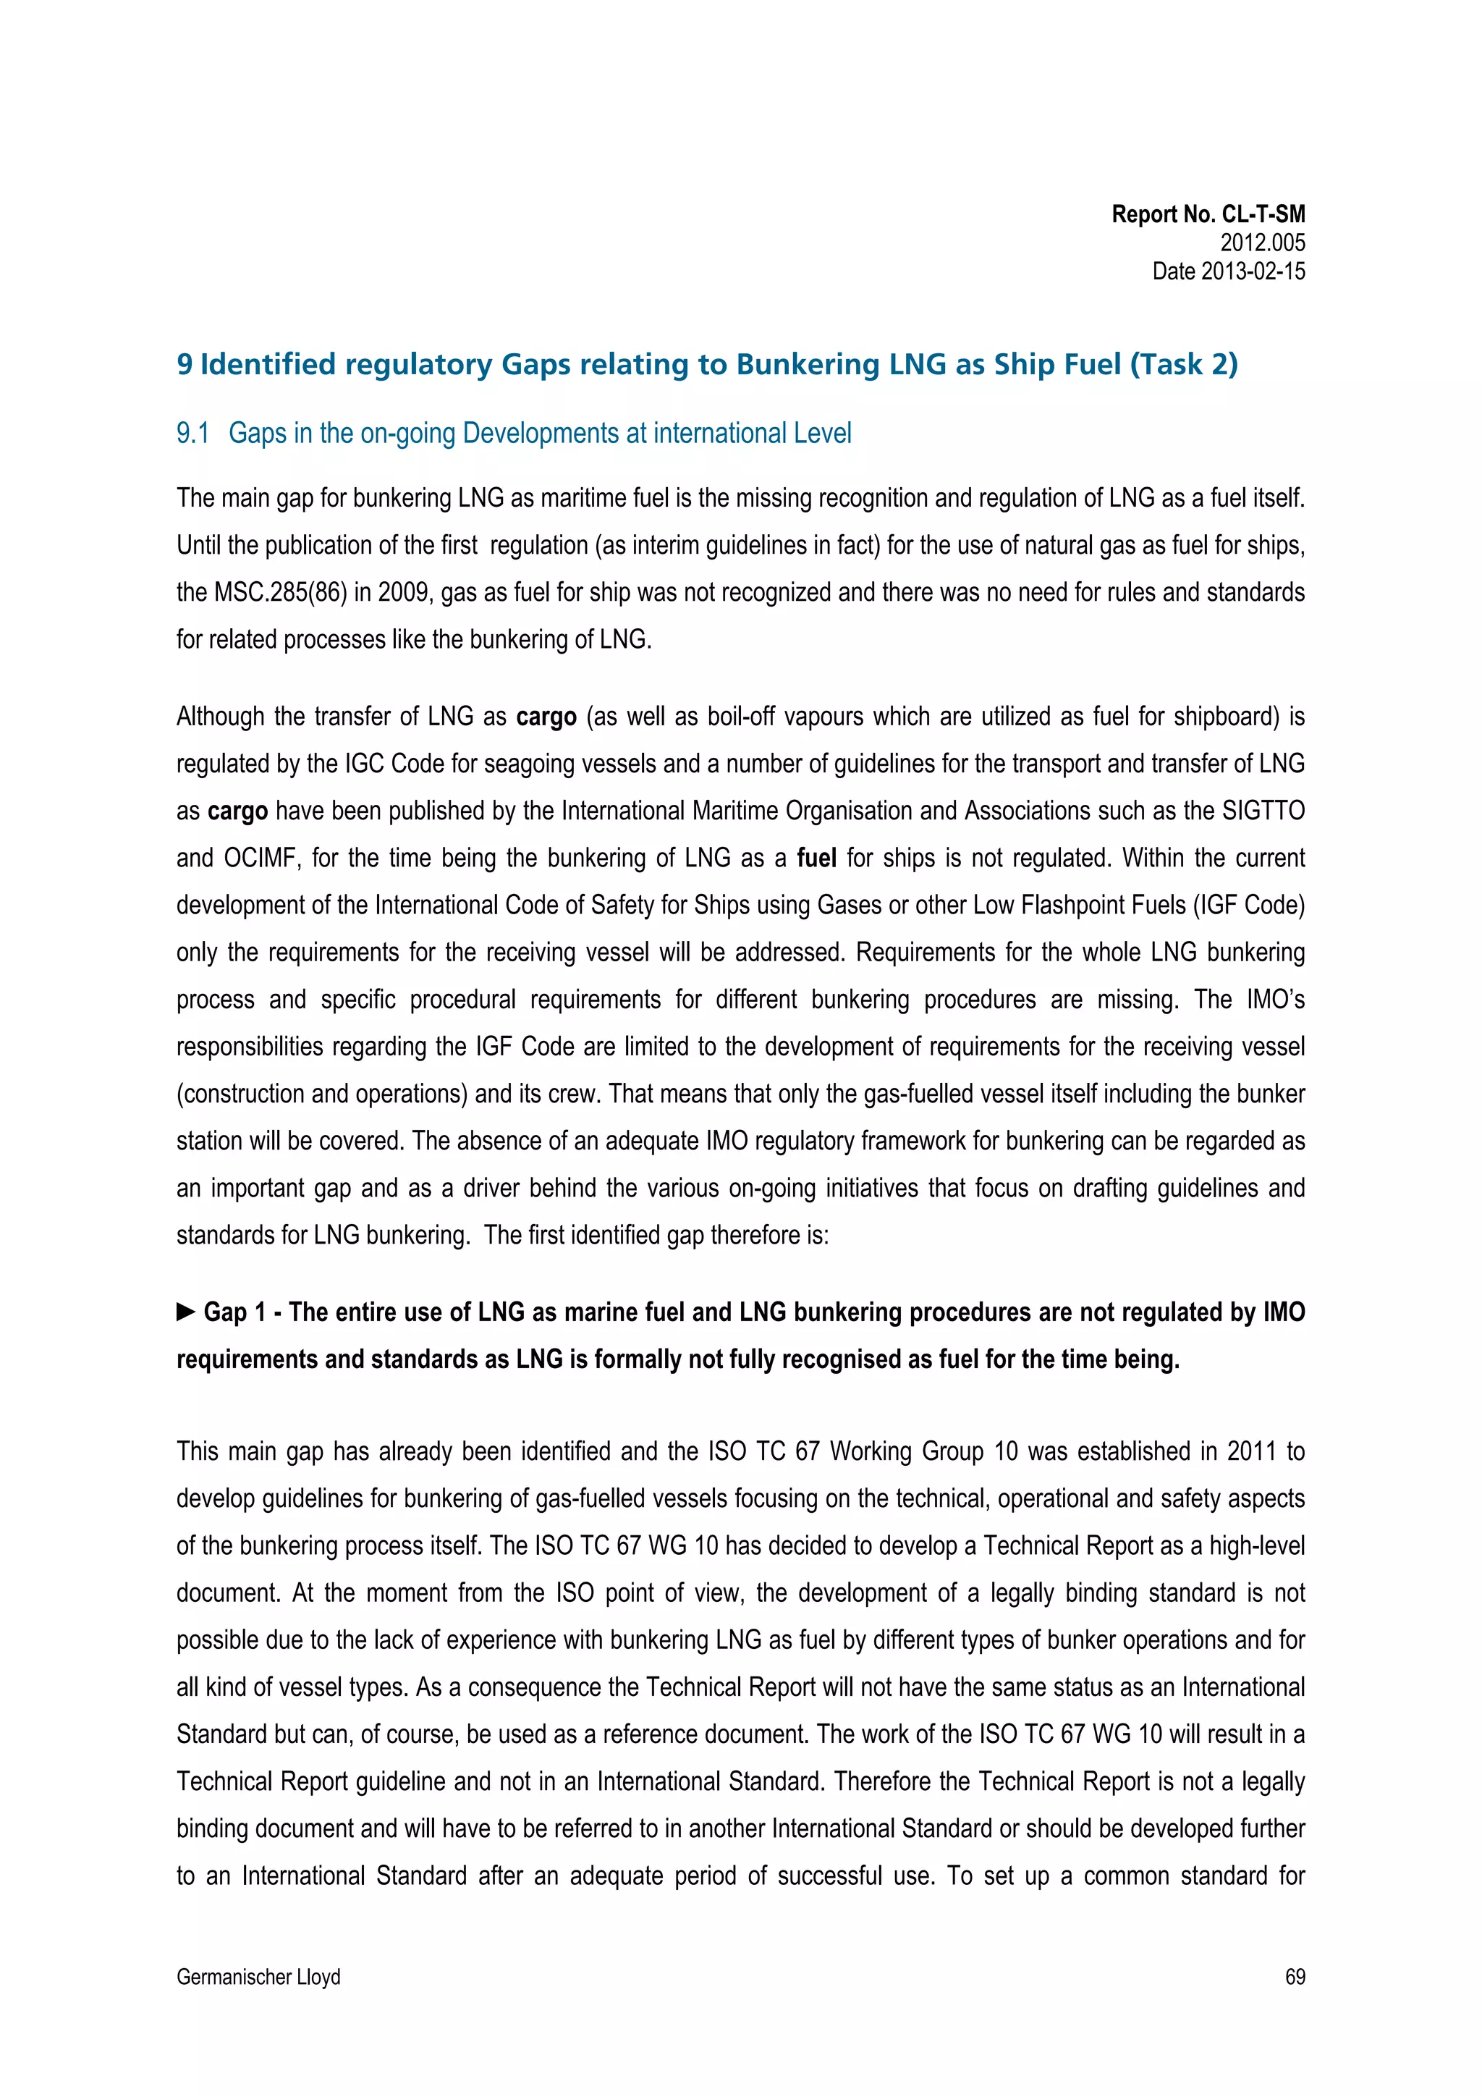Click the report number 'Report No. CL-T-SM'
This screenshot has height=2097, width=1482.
click(x=1207, y=215)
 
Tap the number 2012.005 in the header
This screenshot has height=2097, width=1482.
click(x=1262, y=243)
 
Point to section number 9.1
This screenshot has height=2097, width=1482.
click(x=192, y=434)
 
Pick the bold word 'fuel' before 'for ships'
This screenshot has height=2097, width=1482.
click(x=816, y=858)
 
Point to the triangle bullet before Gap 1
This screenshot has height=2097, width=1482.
click(x=185, y=1312)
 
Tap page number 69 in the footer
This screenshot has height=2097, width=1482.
click(x=1294, y=1978)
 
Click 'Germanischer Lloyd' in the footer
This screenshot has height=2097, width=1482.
click(x=258, y=1978)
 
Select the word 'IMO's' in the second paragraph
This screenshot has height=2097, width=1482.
click(x=1275, y=1000)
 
